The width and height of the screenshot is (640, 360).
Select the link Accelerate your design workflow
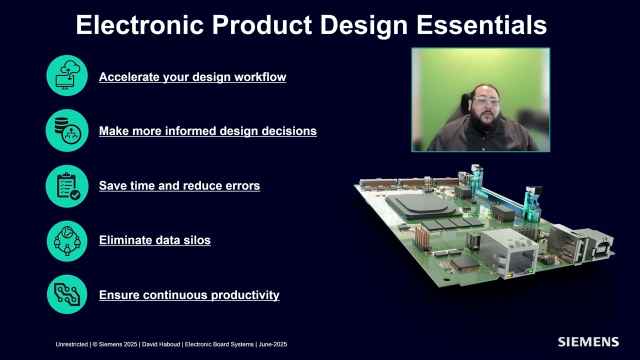(x=192, y=77)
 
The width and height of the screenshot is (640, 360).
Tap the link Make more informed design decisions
(x=207, y=131)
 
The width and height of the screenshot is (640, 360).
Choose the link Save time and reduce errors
(x=179, y=185)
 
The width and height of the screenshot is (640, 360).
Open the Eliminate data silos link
(x=154, y=240)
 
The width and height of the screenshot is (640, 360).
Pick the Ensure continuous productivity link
(x=189, y=295)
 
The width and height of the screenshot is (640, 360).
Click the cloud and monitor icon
(x=67, y=75)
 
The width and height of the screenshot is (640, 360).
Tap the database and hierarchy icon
(x=67, y=130)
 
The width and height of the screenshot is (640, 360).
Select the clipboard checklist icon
(x=67, y=185)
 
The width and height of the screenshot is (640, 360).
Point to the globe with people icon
(x=67, y=240)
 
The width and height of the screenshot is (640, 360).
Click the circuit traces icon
(x=67, y=294)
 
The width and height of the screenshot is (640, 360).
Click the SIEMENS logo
(x=588, y=342)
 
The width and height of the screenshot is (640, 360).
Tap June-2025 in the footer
(x=273, y=344)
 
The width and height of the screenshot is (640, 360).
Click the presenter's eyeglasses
(x=485, y=101)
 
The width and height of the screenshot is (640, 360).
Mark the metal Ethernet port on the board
(x=507, y=252)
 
